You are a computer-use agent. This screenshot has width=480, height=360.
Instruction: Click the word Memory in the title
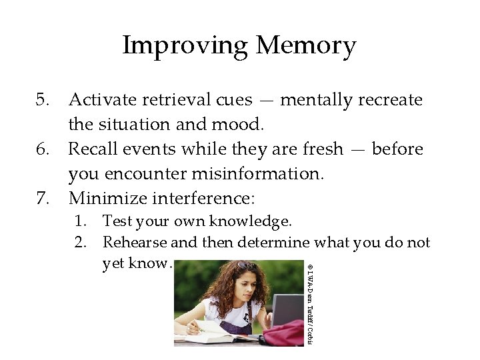coord(305,46)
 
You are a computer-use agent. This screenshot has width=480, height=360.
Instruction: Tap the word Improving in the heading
coord(185,46)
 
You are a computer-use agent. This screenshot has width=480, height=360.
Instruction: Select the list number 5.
coord(43,100)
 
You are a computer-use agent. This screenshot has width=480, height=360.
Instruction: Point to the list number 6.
coord(43,149)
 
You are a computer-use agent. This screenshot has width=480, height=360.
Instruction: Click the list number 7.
coord(43,199)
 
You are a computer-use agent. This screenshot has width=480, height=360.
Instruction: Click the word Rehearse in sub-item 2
coord(132,243)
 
